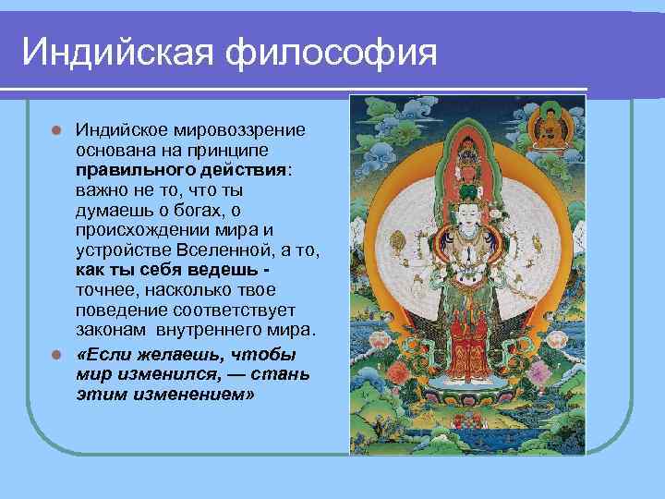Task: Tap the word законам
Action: coord(109,331)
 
